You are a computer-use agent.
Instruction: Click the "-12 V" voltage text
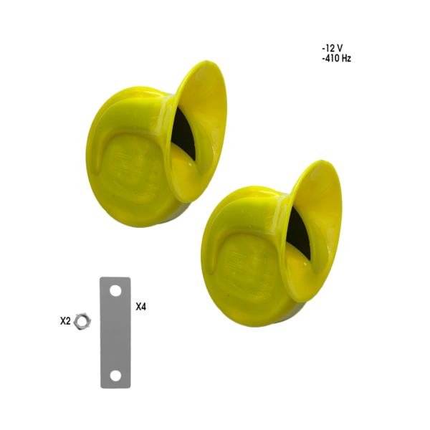pyautogui.click(x=333, y=49)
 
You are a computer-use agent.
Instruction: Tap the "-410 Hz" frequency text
pyautogui.click(x=337, y=59)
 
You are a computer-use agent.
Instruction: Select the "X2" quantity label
pyautogui.click(x=65, y=321)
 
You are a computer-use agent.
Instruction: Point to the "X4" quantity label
pyautogui.click(x=141, y=307)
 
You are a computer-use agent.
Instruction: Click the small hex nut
pyautogui.click(x=83, y=321)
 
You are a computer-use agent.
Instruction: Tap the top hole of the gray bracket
pyautogui.click(x=115, y=290)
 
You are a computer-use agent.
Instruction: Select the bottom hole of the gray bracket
pyautogui.click(x=115, y=376)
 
